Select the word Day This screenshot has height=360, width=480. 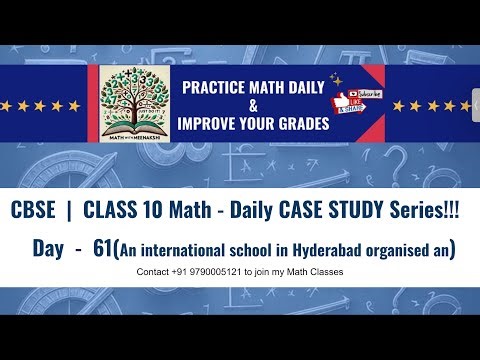click(48, 248)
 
